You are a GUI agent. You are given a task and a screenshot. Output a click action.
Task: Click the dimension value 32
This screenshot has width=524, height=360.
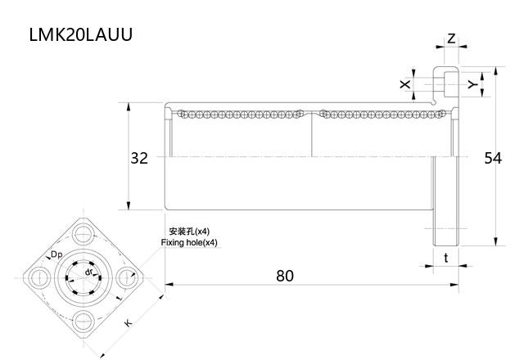click(x=139, y=158)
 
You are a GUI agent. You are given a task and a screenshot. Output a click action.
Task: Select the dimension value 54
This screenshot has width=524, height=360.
click(x=492, y=158)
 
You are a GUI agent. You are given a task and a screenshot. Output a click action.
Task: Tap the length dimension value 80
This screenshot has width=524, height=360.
click(x=284, y=276)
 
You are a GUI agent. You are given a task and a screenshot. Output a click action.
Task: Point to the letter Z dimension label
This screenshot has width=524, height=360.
click(x=451, y=38)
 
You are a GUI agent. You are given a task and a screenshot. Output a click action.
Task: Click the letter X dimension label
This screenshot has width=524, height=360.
click(x=404, y=84)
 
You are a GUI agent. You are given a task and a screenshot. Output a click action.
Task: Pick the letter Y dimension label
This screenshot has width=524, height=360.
click(x=472, y=83)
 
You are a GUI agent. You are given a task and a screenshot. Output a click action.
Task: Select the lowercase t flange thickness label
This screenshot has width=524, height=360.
click(x=445, y=258)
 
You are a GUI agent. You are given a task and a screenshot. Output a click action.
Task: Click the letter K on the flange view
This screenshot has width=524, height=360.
click(x=129, y=323)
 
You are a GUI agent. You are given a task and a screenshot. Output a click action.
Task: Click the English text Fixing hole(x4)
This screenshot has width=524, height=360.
click(x=190, y=243)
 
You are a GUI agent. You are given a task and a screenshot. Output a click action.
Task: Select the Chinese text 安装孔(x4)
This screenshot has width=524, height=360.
click(x=188, y=232)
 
